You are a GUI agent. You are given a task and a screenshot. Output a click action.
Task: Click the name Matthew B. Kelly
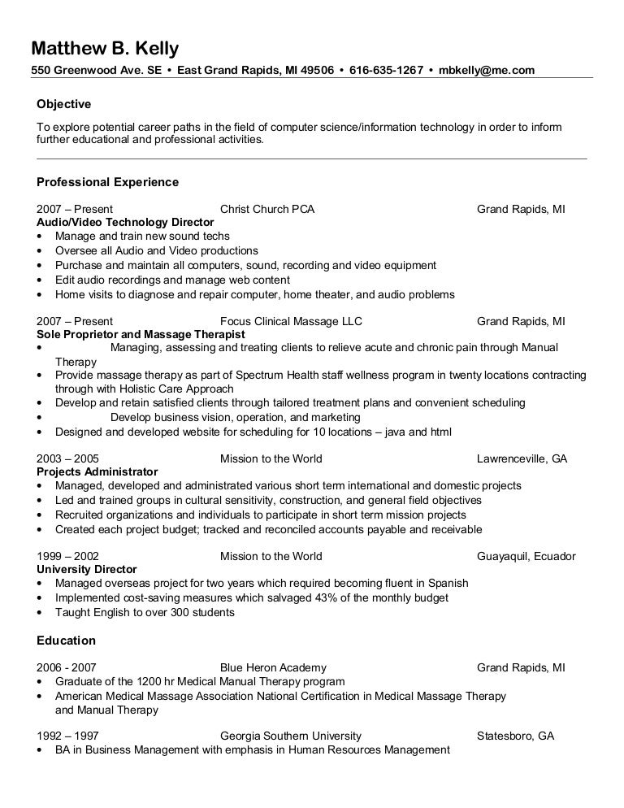[105, 48]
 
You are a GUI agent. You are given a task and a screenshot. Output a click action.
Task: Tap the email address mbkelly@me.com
[487, 70]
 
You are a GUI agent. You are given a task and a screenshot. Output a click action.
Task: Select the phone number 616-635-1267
[386, 70]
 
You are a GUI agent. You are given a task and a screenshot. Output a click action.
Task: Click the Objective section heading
[64, 104]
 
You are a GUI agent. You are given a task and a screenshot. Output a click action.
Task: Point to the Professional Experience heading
[108, 182]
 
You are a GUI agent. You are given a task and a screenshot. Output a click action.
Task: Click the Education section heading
[67, 641]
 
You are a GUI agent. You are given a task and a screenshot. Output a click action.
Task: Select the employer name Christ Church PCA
[267, 209]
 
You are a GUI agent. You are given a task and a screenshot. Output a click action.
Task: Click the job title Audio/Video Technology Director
[126, 222]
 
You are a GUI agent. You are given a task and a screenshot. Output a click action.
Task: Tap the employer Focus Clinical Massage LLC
[291, 321]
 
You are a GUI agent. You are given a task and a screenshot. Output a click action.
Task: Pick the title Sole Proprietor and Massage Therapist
[141, 334]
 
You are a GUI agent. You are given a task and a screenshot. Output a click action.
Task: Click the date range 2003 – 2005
[68, 458]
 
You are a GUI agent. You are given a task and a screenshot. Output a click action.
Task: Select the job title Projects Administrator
[97, 471]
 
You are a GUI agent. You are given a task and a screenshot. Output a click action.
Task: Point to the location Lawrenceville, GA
[522, 458]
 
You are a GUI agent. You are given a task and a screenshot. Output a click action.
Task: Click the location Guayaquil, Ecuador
[526, 556]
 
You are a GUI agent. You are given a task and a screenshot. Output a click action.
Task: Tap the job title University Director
[87, 569]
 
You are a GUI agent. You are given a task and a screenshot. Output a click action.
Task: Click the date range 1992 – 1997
[68, 736]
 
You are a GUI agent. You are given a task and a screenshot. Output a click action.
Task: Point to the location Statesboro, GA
[515, 736]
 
